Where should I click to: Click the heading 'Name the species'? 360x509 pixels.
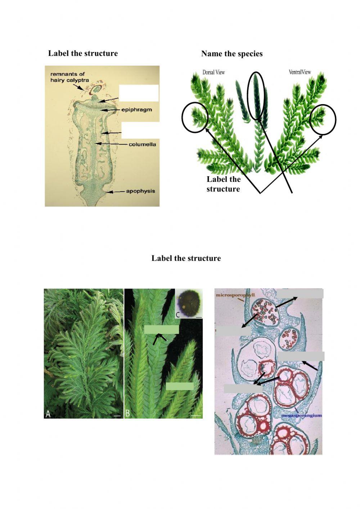[232, 54]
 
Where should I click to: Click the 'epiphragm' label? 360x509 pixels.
[136, 110]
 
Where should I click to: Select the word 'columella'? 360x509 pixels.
[143, 144]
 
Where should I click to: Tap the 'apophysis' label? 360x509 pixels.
[140, 191]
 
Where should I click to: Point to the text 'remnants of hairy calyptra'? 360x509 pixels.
[69, 77]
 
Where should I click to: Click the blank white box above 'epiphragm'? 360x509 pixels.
[139, 93]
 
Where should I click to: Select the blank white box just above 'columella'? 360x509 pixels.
[140, 130]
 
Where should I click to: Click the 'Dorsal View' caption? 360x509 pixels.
[213, 72]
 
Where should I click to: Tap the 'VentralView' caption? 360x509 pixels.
[300, 72]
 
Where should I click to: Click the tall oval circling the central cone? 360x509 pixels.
[257, 95]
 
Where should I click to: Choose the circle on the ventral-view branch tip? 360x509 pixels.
[323, 120]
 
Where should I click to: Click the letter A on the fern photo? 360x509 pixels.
[48, 414]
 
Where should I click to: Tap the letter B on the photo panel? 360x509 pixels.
[127, 414]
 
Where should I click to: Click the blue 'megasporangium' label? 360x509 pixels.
[301, 415]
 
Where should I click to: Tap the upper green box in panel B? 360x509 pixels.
[161, 330]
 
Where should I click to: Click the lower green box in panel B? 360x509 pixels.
[180, 386]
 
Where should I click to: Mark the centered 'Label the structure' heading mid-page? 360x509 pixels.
[186, 258]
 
